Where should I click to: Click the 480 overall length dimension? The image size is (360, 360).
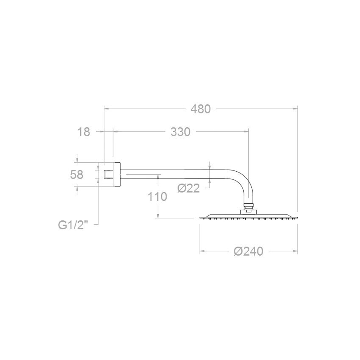point(201,108)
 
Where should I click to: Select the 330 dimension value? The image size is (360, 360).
point(180,132)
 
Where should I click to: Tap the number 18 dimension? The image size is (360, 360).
point(84,132)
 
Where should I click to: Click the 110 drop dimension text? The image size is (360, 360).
point(157,197)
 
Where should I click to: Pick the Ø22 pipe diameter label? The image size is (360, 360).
point(189,188)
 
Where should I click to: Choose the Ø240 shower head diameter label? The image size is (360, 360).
point(248,251)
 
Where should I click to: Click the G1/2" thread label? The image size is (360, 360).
point(73,225)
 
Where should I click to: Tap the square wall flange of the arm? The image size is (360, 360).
point(116,174)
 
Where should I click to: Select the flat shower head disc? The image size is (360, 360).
point(248,217)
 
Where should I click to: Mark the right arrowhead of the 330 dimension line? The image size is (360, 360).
point(247,132)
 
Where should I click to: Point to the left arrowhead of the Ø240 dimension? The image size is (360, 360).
point(202,251)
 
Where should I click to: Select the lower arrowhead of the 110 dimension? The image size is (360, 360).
point(158,216)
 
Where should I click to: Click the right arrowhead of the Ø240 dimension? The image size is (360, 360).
point(296,251)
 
